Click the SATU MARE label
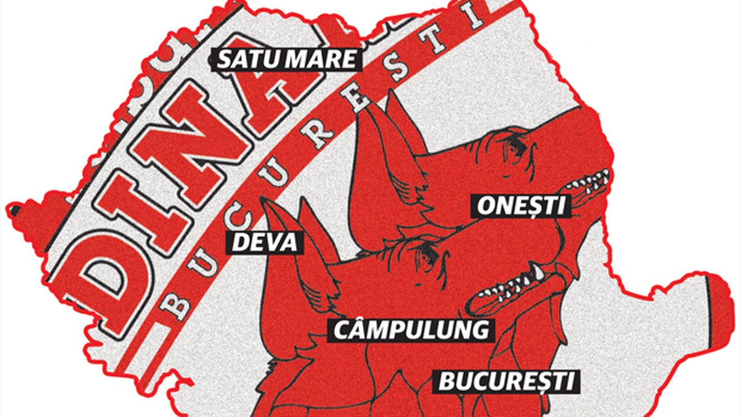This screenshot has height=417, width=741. click(286, 59)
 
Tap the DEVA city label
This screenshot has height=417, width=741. click(264, 242)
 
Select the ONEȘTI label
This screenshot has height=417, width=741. click(520, 206)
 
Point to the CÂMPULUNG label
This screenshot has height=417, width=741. click(411, 330)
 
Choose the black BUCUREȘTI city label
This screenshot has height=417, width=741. click(507, 382)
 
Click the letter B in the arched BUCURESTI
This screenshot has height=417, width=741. click(179, 306)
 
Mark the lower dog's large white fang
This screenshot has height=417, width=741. click(539, 273)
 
